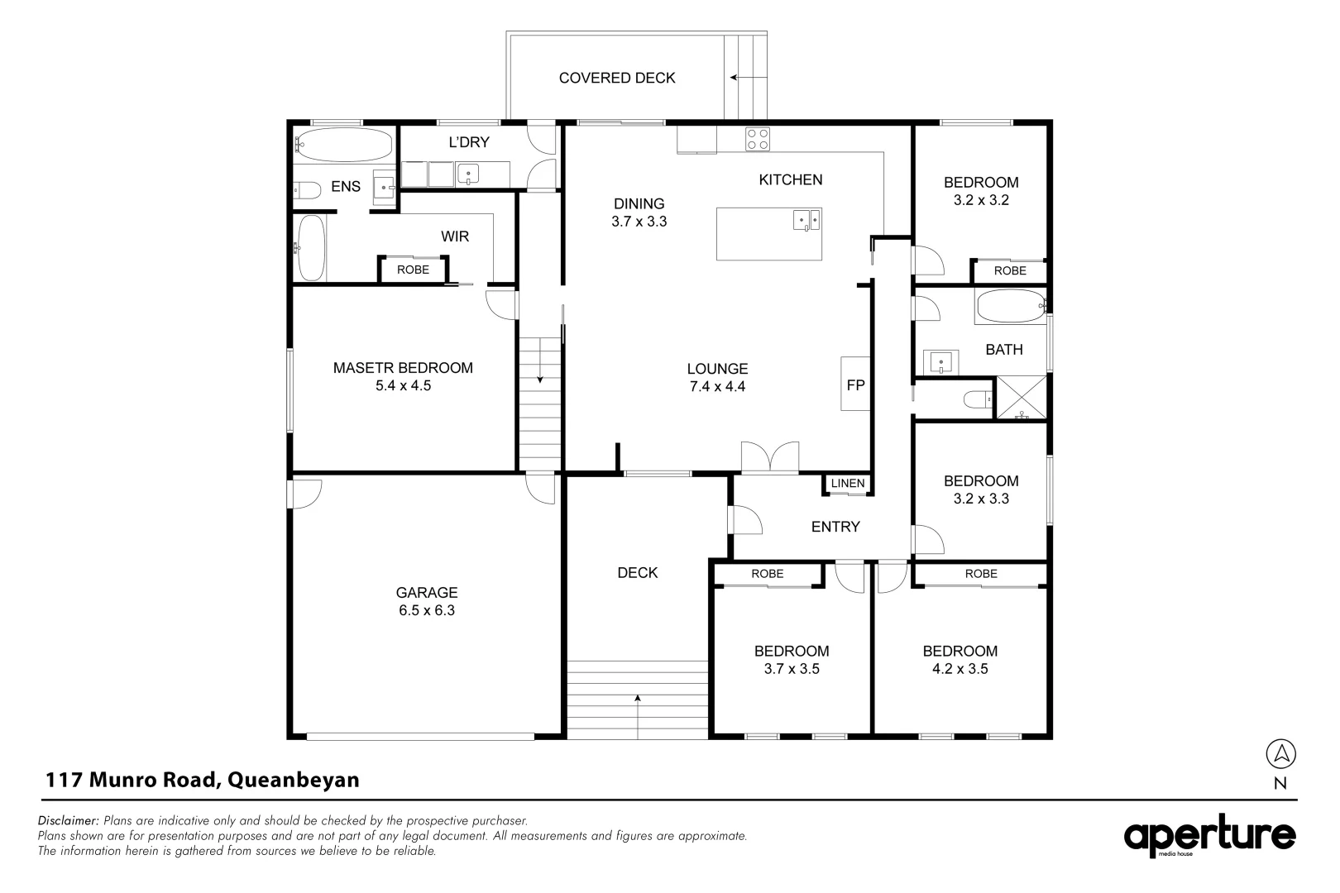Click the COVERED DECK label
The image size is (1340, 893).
(x=617, y=78)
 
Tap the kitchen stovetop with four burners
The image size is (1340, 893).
(x=758, y=140)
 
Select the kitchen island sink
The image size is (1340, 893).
(x=806, y=220)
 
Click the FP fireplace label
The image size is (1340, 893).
(x=855, y=385)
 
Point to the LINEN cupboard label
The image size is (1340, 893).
(x=848, y=483)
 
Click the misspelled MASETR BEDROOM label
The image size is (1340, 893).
(x=403, y=368)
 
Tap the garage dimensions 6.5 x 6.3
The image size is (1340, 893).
(x=427, y=610)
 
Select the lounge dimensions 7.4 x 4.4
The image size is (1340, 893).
(x=717, y=386)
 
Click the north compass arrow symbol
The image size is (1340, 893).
(x=1280, y=753)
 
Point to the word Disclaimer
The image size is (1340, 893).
(x=68, y=820)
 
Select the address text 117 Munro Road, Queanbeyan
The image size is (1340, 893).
(x=202, y=780)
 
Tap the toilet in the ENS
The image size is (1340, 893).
(x=306, y=190)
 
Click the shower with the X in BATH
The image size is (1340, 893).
(x=1022, y=397)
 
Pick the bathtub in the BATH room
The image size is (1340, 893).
(x=1011, y=306)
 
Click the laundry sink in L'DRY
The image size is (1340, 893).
(x=468, y=174)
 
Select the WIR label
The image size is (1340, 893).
(x=455, y=236)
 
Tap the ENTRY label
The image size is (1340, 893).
(x=835, y=527)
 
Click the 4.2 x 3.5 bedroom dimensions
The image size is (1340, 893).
(x=960, y=669)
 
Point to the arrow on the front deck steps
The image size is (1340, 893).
(x=638, y=717)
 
